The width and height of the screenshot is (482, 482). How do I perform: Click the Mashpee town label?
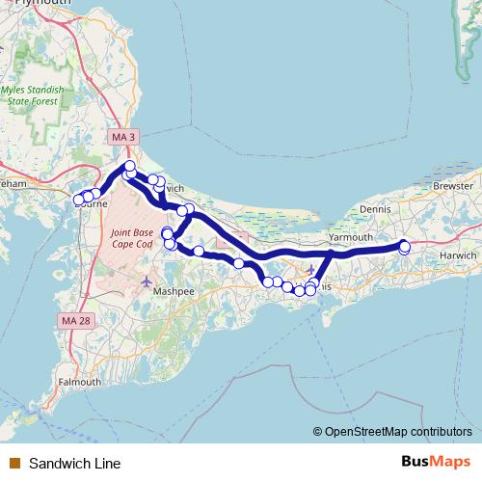(174, 290)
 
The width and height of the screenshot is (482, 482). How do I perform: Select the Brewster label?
(453, 185)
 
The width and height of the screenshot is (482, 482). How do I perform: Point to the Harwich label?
(458, 255)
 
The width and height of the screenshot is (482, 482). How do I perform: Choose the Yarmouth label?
(350, 236)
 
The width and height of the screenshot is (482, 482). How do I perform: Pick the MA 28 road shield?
(74, 319)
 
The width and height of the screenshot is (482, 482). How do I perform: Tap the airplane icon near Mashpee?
(146, 281)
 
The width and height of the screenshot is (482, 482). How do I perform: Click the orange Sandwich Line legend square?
(14, 463)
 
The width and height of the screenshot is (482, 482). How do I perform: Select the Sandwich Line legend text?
(74, 463)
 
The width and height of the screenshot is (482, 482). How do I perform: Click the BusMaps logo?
(434, 462)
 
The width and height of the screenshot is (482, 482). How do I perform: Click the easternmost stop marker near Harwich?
(405, 246)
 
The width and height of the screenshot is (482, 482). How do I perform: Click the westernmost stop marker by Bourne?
(79, 200)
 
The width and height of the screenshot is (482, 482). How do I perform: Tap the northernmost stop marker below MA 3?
(130, 167)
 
